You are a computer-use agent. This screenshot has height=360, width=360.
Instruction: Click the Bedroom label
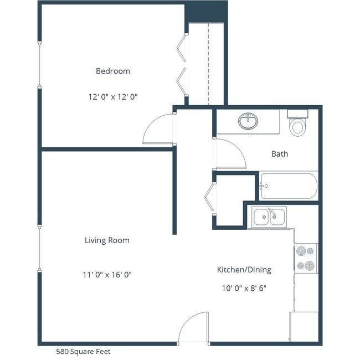click(113, 71)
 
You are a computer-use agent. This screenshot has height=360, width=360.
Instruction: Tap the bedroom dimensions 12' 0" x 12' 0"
click(113, 96)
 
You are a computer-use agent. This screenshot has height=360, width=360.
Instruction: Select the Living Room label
click(107, 240)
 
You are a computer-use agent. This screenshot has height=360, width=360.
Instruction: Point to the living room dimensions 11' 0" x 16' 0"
click(107, 274)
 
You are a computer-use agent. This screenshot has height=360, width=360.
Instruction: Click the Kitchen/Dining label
click(244, 270)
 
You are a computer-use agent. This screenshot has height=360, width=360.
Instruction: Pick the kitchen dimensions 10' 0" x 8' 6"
click(244, 289)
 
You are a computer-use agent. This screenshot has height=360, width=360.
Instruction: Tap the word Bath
click(279, 153)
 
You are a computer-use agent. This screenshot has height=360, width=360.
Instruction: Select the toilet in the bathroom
click(298, 125)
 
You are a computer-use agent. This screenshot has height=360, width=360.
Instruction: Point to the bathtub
click(289, 186)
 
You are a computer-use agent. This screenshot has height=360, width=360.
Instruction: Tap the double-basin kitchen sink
click(269, 217)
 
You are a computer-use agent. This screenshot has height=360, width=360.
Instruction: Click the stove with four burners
click(305, 258)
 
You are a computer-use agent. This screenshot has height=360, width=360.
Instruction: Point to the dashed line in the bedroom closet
click(208, 64)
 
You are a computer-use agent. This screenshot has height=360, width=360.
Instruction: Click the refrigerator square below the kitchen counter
click(304, 326)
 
